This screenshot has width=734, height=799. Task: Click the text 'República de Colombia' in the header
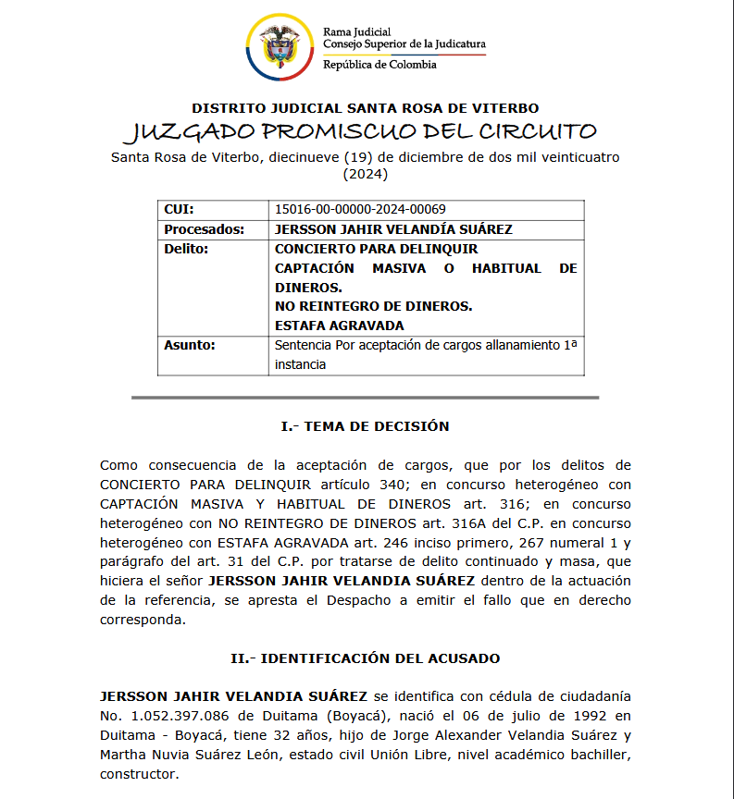pyautogui.click(x=379, y=65)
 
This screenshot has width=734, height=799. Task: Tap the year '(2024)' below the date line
pyautogui.click(x=366, y=173)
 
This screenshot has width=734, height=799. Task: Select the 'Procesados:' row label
pyautogui.click(x=204, y=229)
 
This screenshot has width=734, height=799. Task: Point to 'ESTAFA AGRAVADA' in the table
pyautogui.click(x=340, y=326)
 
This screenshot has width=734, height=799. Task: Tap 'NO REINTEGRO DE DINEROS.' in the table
pyautogui.click(x=374, y=306)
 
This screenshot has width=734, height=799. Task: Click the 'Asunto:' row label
pyautogui.click(x=190, y=345)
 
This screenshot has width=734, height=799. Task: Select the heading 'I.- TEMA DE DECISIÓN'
pyautogui.click(x=366, y=426)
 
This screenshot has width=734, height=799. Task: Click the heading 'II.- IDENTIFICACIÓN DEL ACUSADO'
pyautogui.click(x=366, y=658)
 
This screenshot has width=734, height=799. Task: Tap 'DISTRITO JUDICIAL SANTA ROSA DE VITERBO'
pyautogui.click(x=366, y=108)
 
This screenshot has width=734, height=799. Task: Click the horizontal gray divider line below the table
pyautogui.click(x=366, y=398)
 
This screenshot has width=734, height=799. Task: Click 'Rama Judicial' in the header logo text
pyautogui.click(x=356, y=32)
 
